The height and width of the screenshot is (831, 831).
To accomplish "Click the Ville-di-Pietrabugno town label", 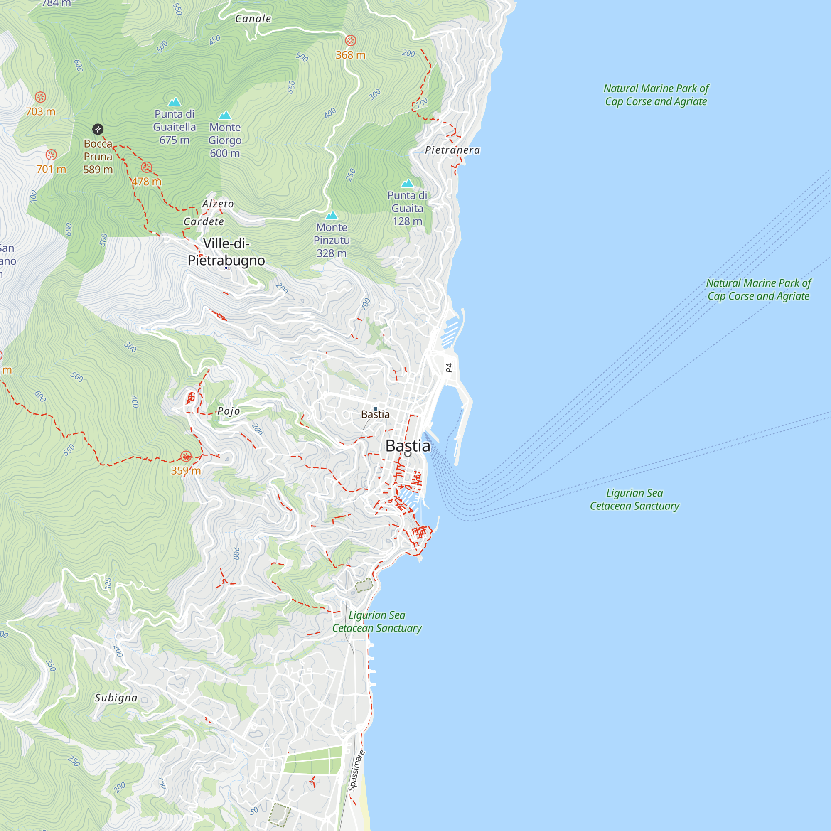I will coord(226,252).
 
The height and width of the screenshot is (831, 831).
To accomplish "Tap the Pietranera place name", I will coord(452,150).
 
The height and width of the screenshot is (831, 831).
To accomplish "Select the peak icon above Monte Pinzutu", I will coord(332,215).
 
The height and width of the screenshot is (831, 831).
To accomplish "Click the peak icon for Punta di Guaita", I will coord(407,183).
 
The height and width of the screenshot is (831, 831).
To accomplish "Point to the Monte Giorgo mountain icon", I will coord(225,115).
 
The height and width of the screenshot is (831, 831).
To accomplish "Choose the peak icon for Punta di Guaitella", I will coord(174,101).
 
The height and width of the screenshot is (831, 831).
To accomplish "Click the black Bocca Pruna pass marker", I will coord(98,129).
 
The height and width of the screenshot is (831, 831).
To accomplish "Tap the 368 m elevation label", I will coord(351,55).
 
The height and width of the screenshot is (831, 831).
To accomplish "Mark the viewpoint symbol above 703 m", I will coord(40,97).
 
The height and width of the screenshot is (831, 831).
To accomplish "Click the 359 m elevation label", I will coord(186,471).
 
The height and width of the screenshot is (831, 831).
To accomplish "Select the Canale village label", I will coord(253,19).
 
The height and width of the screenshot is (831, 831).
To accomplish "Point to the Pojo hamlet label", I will coord(229,411).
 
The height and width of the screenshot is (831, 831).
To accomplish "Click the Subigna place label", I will coord(116,698).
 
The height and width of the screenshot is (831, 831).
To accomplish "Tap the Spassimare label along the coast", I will coord(356,771).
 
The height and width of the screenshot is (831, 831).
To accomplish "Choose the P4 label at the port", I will coord(449,368).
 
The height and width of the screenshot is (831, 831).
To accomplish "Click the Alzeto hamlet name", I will coord(218,204).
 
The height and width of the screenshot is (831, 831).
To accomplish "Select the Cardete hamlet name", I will coord(204,222).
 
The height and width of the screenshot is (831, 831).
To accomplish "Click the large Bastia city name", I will coord(408,446).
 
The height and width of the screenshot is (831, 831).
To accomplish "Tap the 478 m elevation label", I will coord(147,182).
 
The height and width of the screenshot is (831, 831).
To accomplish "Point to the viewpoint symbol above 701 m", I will coord(51,155).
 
